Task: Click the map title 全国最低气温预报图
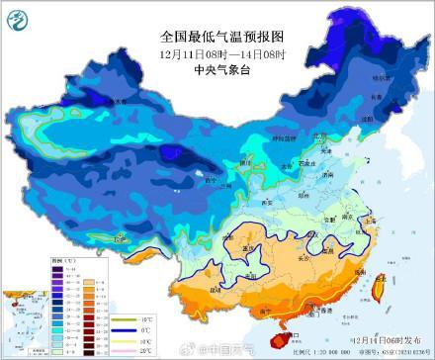[x=217, y=19]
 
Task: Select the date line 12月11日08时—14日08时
[x=217, y=38]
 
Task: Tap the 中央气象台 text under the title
[x=217, y=55]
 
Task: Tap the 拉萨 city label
[x=120, y=238]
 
